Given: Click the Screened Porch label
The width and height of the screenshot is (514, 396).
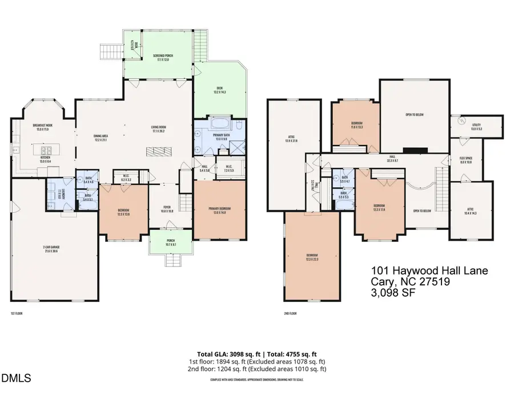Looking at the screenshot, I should coord(163,57).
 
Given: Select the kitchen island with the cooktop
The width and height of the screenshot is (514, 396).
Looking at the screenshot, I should coord(41,152).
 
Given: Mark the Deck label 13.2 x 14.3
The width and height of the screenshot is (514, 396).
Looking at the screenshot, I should coord(220,90).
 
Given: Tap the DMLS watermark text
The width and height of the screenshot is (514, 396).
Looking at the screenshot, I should coord(17,378).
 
